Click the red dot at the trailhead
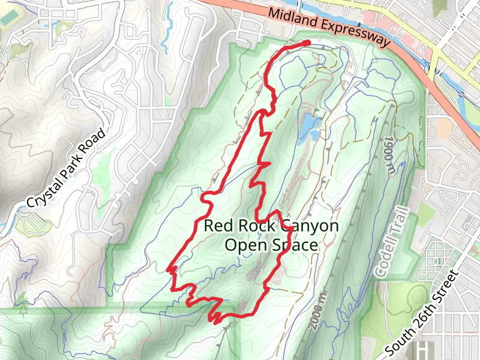coord(306,43)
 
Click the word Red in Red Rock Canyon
coord(216,226)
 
